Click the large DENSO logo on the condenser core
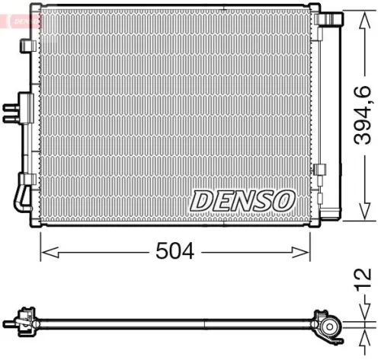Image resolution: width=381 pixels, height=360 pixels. (242, 200)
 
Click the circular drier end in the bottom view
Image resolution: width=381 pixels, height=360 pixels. (331, 327)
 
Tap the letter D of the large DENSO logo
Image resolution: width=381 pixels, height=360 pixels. (201, 200)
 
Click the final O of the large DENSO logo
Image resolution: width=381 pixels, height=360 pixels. (282, 200)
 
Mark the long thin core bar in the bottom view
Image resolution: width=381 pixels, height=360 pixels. (175, 319)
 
